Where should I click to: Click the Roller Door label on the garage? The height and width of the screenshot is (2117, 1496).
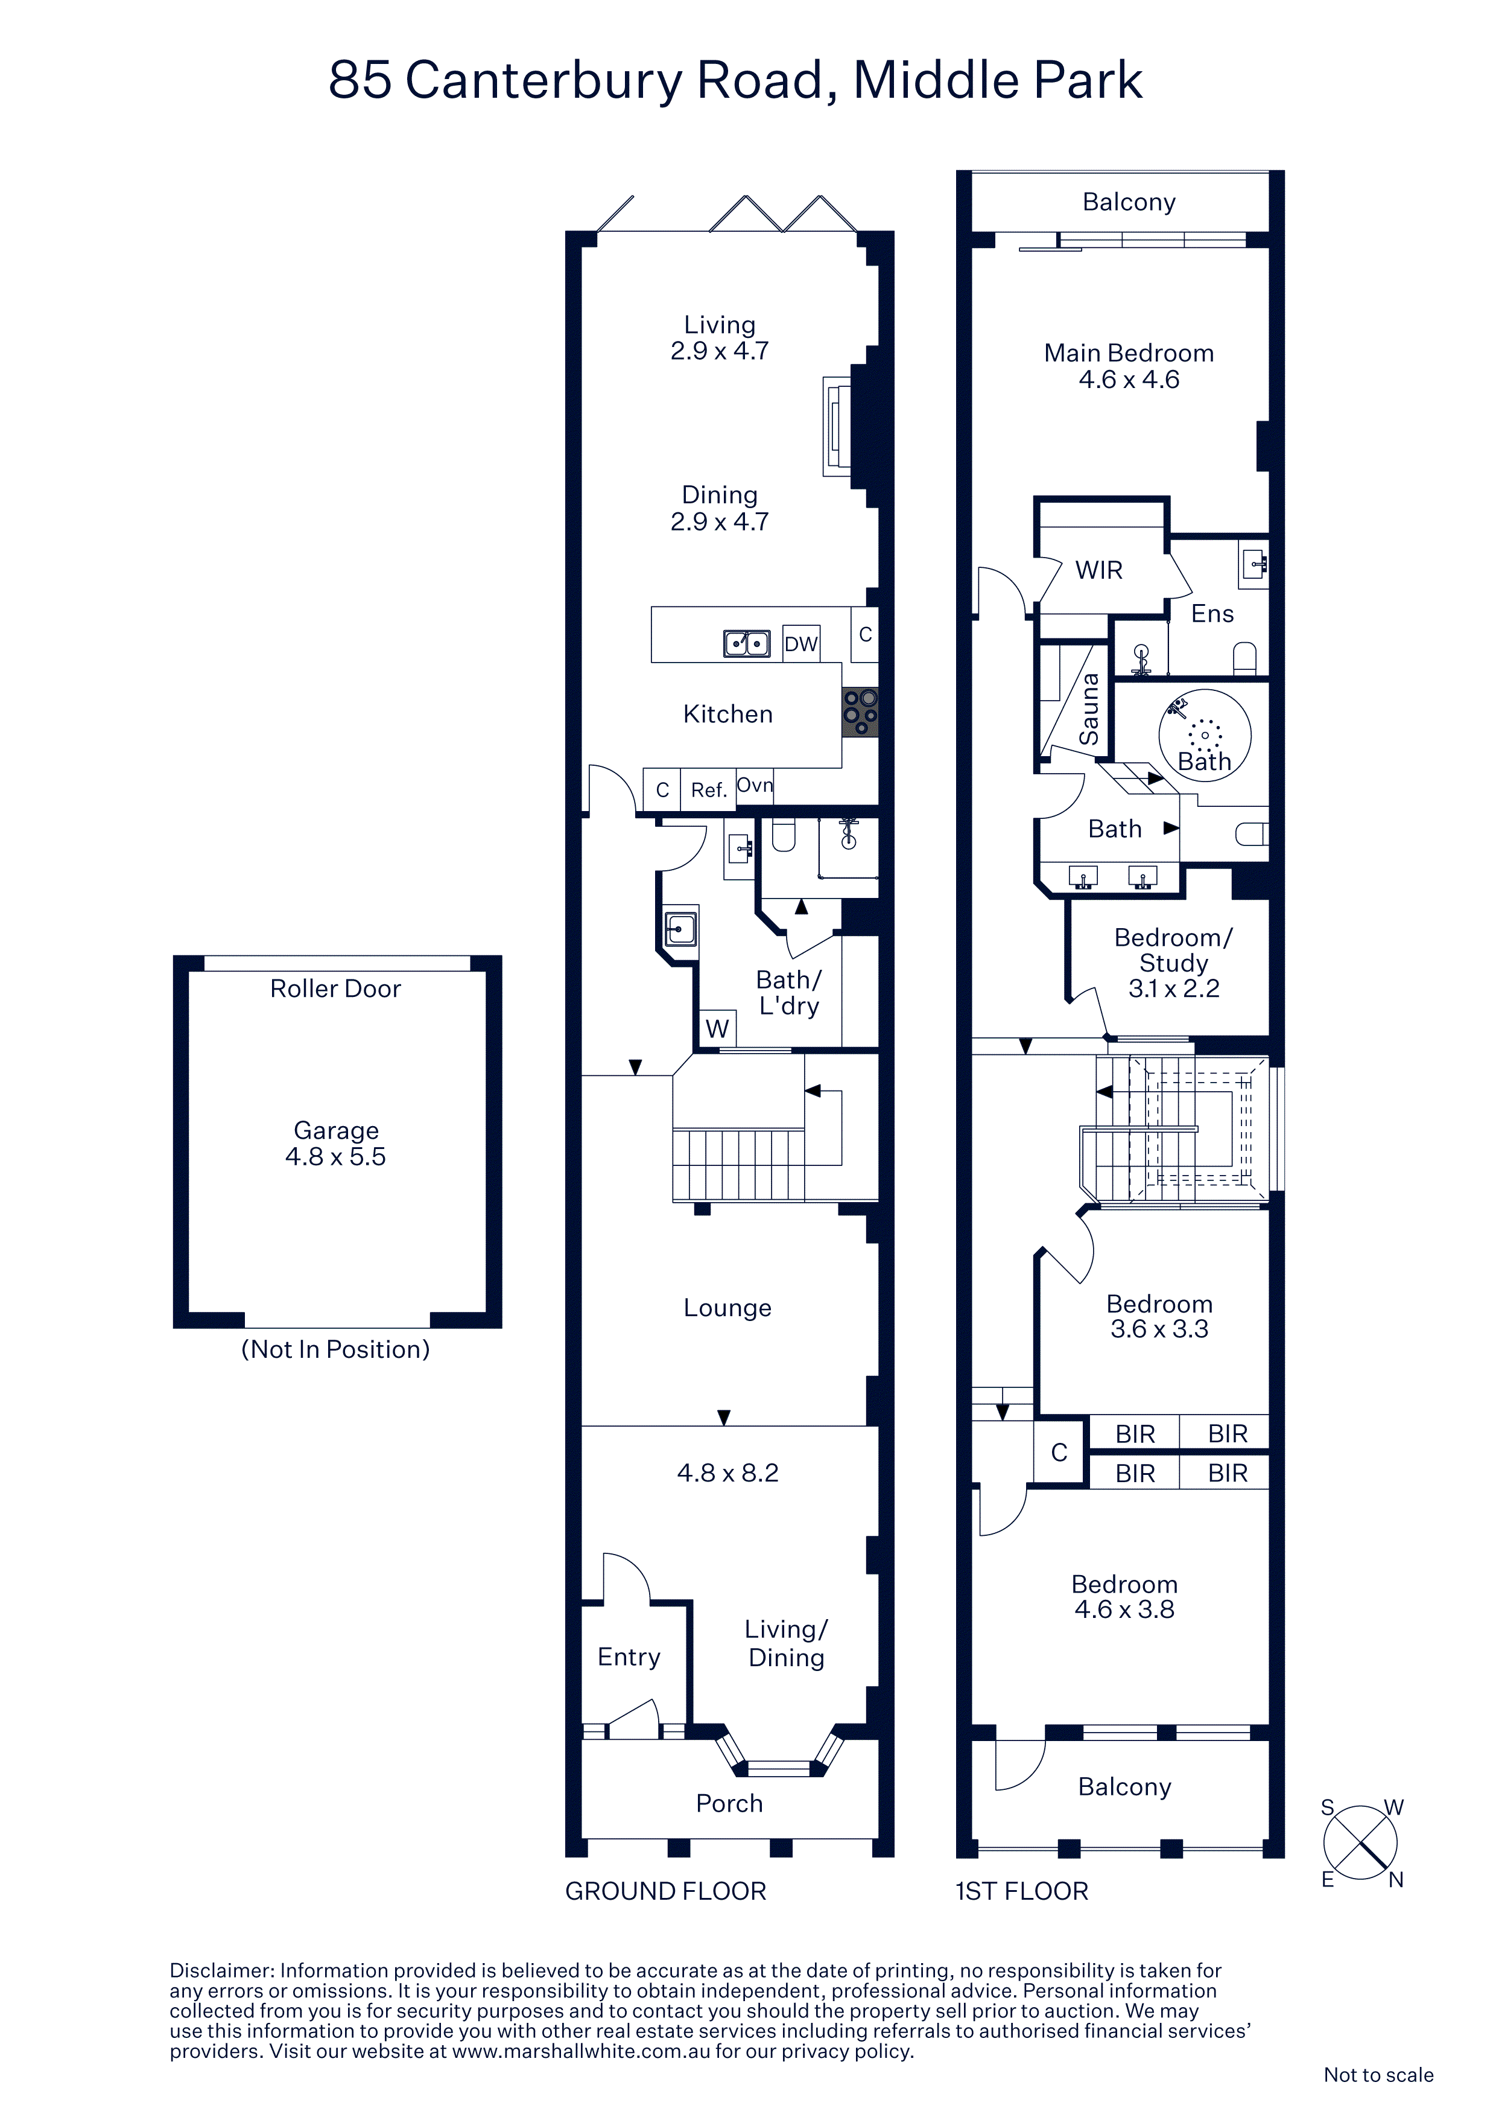(335, 988)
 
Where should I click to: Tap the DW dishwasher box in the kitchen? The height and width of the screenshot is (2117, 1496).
(800, 643)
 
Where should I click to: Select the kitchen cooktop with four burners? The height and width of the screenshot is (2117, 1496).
(860, 712)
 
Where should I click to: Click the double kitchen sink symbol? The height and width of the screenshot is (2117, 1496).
(747, 643)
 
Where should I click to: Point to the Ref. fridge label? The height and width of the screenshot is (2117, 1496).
(709, 790)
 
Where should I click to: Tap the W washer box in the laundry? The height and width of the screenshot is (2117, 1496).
(717, 1028)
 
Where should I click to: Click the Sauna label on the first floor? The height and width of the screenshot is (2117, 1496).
(1089, 709)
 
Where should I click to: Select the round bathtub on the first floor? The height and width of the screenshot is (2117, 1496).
(1205, 735)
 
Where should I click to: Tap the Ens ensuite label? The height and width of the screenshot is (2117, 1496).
(1212, 614)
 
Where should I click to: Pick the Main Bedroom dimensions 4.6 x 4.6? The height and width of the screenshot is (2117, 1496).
(1129, 380)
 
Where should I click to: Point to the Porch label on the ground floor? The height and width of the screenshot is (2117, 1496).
(729, 1804)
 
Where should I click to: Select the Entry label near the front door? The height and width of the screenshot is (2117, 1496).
(629, 1657)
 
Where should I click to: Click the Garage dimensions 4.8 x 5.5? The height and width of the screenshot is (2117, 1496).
(335, 1156)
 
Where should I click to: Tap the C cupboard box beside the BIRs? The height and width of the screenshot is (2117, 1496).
(1059, 1452)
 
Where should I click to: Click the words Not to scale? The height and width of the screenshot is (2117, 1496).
(1378, 2075)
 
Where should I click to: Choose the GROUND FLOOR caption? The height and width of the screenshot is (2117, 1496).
(665, 1891)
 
